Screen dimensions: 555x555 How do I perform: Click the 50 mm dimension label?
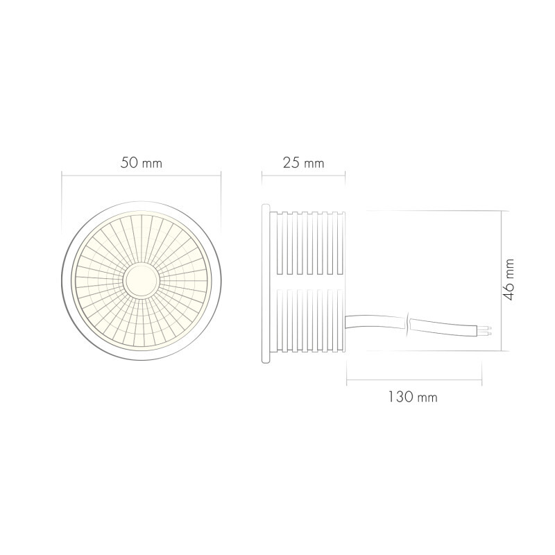[141, 164]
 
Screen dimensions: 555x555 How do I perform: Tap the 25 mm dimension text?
[303, 164]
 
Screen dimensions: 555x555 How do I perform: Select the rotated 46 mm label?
[510, 279]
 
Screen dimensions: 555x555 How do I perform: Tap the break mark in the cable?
[408, 323]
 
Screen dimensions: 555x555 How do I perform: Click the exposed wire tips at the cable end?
[488, 330]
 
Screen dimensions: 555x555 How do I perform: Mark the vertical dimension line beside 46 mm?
[501, 281]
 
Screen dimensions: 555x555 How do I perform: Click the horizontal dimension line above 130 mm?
[414, 380]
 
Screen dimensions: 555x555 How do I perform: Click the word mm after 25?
[314, 164]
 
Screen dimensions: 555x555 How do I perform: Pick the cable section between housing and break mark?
[375, 321]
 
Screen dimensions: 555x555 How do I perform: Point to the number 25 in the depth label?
[291, 164]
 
